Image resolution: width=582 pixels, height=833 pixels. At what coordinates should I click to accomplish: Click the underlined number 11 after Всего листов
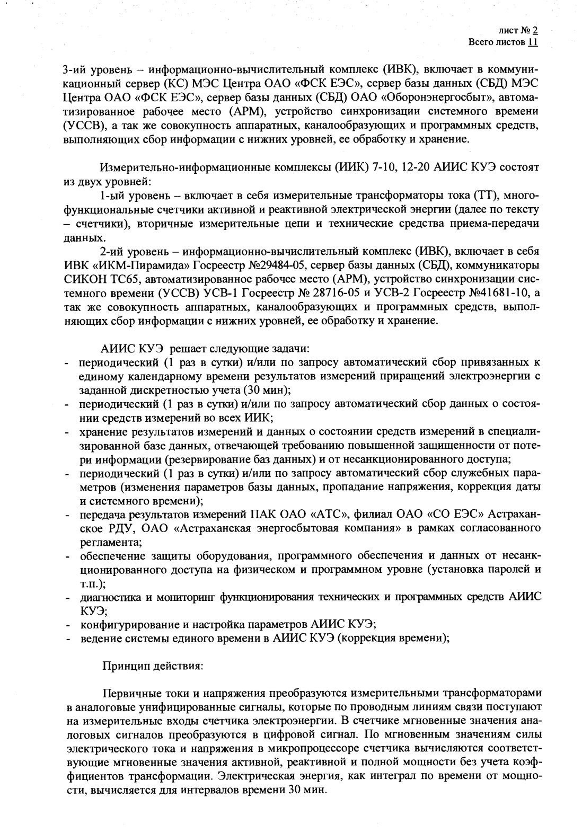pos(533,42)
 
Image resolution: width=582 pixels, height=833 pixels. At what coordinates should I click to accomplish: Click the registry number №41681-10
pos(496,293)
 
